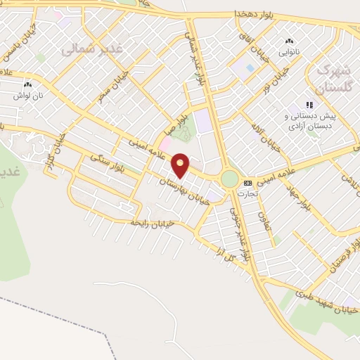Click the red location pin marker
[x=181, y=165]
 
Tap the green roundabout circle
[x=229, y=179]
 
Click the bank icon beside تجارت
[x=247, y=181]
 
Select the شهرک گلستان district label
[x=332, y=79]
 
